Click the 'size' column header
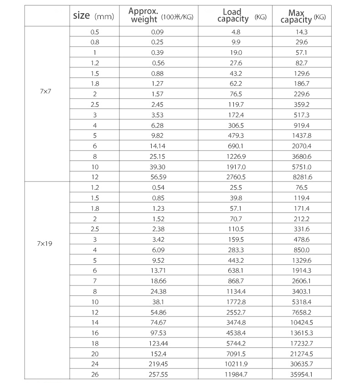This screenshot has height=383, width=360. [x=93, y=16]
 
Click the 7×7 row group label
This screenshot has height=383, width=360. [x=46, y=91]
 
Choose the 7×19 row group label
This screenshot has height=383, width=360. [x=45, y=243]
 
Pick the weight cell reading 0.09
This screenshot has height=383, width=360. [x=157, y=32]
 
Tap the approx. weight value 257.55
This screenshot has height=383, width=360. [x=157, y=374]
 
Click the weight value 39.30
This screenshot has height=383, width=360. [x=157, y=167]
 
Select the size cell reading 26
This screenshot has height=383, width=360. [x=95, y=374]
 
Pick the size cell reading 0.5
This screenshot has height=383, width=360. [x=95, y=32]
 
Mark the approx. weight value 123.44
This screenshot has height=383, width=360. [x=157, y=343]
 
